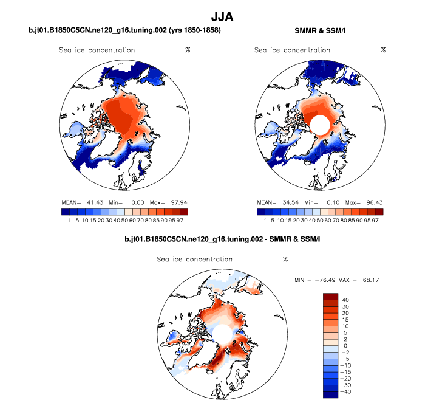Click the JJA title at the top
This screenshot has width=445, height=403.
222,13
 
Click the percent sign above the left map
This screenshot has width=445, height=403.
188,50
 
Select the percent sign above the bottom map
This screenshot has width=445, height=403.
285,260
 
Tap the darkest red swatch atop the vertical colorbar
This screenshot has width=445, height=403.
331,296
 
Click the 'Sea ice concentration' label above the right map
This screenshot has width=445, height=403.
292,50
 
